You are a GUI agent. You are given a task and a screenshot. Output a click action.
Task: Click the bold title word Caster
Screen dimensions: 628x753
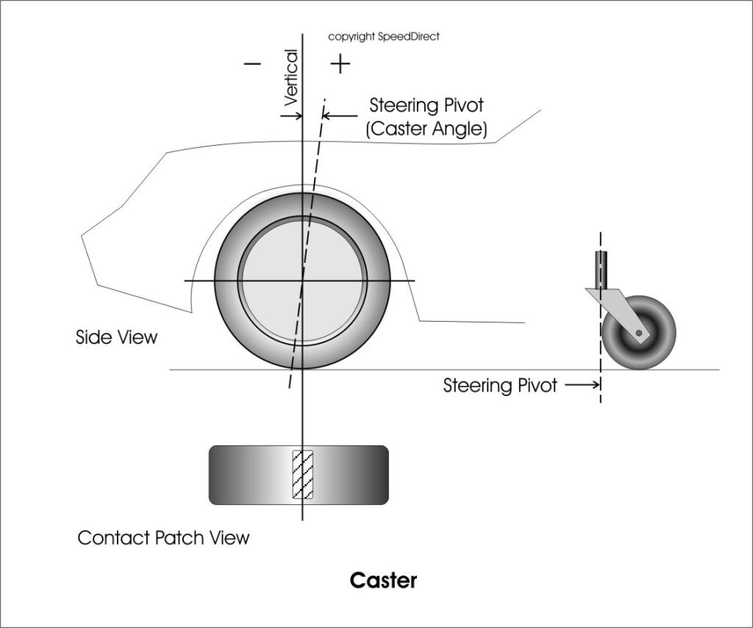tap(383, 580)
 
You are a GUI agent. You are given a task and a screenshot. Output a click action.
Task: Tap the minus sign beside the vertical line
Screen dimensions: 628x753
tap(252, 64)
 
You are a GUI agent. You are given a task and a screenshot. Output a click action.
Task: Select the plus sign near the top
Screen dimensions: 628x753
tap(340, 65)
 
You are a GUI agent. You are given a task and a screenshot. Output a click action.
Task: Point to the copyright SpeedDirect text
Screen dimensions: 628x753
tap(383, 36)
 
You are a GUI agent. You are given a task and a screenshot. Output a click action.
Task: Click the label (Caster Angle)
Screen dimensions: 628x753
tap(427, 129)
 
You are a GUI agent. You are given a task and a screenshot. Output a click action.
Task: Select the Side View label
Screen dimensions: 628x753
tap(116, 337)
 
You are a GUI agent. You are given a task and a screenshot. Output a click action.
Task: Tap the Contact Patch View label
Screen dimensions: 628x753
tap(163, 537)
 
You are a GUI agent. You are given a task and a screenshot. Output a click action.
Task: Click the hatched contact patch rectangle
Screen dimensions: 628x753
tap(303, 475)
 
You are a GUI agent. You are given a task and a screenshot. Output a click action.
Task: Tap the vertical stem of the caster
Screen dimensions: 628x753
tap(602, 269)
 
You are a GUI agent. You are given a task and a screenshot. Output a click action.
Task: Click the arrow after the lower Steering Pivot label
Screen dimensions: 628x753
tap(581, 384)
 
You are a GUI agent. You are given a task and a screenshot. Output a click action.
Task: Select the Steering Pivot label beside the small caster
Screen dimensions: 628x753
tap(500, 385)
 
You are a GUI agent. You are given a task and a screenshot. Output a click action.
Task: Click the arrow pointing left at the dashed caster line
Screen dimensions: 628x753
tap(338, 116)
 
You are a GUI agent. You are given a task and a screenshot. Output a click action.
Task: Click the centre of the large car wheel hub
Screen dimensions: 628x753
tap(302, 281)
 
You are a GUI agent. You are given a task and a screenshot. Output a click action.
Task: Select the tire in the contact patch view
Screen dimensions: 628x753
tap(243, 475)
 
